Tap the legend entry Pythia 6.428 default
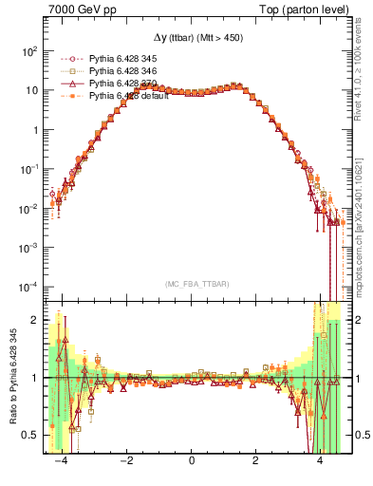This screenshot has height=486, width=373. click(x=120, y=95)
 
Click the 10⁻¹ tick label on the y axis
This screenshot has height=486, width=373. click(x=28, y=169)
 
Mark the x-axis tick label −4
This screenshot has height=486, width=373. click(x=62, y=460)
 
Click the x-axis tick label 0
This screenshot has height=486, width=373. click(x=192, y=460)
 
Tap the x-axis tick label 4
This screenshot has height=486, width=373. click(x=320, y=460)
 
